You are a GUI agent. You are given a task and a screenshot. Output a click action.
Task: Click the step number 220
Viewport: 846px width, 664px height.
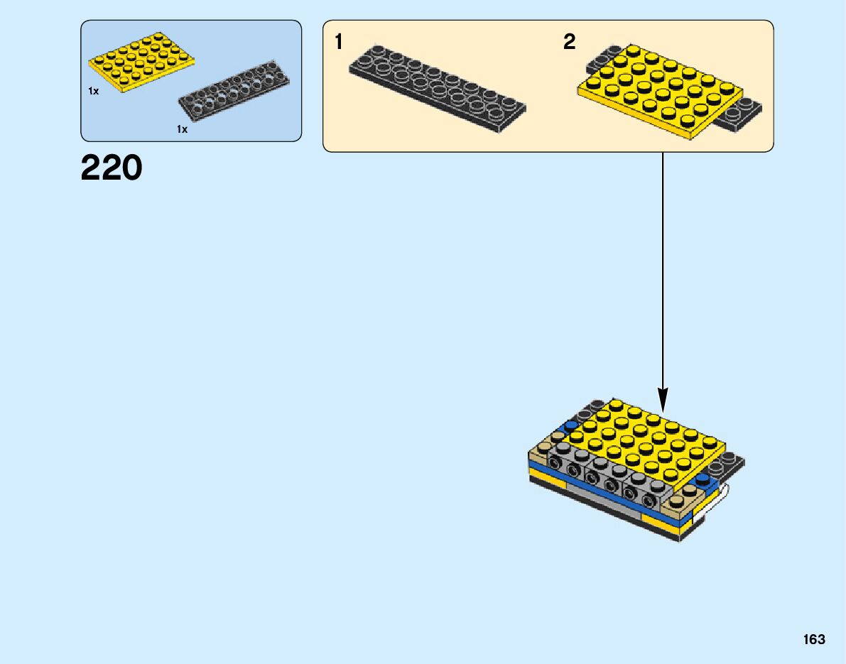tap(112, 169)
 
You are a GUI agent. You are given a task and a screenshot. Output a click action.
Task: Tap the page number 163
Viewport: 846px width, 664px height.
tap(814, 639)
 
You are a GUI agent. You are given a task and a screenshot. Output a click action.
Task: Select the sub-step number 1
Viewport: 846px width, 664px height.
tap(339, 43)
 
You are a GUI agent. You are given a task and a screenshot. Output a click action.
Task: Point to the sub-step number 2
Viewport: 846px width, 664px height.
tap(569, 43)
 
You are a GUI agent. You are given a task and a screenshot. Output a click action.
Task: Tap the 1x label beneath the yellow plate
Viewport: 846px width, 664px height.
tap(93, 92)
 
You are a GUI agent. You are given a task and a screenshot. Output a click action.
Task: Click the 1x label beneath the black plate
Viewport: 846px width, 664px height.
tap(182, 129)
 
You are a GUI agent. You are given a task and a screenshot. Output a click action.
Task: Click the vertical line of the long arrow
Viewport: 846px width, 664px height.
tap(663, 270)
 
